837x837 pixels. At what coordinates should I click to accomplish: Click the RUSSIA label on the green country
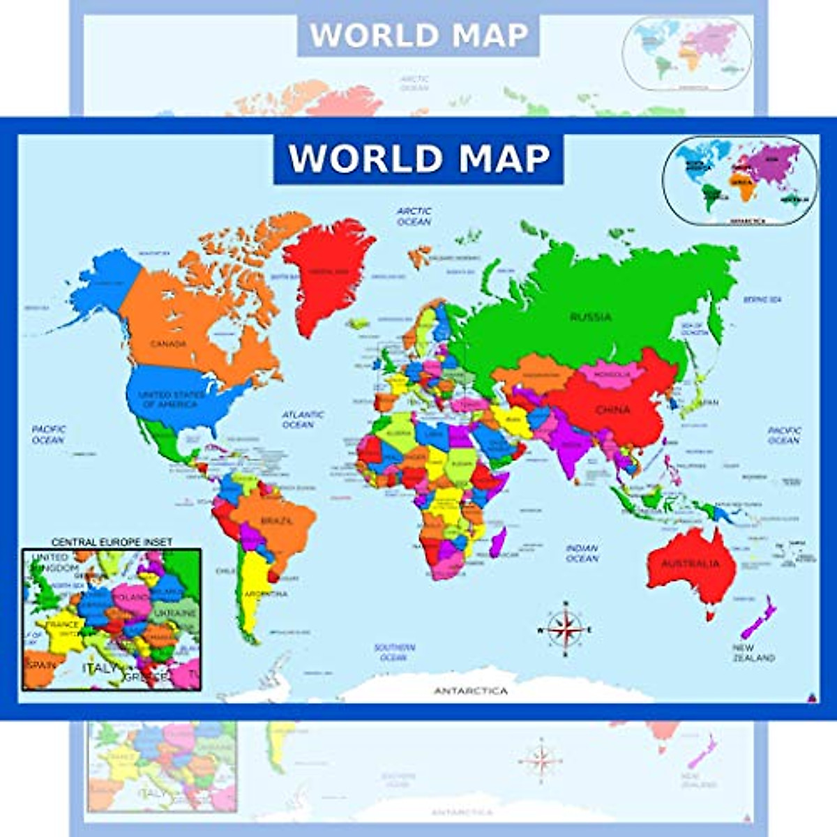pyautogui.click(x=590, y=317)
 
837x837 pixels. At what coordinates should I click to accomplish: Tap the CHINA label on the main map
pyautogui.click(x=612, y=410)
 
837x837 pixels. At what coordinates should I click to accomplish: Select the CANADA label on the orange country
pyautogui.click(x=168, y=344)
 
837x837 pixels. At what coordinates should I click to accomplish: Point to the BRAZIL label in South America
pyautogui.click(x=277, y=521)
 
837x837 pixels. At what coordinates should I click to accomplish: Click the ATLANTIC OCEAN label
pyautogui.click(x=303, y=419)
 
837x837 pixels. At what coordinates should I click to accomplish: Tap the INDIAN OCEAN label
pyautogui.click(x=582, y=553)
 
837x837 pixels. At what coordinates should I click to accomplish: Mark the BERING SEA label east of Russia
pyautogui.click(x=762, y=300)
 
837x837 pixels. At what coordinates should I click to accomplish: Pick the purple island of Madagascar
pyautogui.click(x=498, y=542)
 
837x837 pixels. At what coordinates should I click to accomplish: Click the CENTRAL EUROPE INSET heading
pyautogui.click(x=112, y=542)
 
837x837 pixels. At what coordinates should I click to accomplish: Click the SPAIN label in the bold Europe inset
pyautogui.click(x=40, y=665)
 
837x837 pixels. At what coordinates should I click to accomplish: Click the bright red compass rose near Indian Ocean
pyautogui.click(x=566, y=629)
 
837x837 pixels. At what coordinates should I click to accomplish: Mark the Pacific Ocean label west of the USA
pyautogui.click(x=49, y=435)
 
